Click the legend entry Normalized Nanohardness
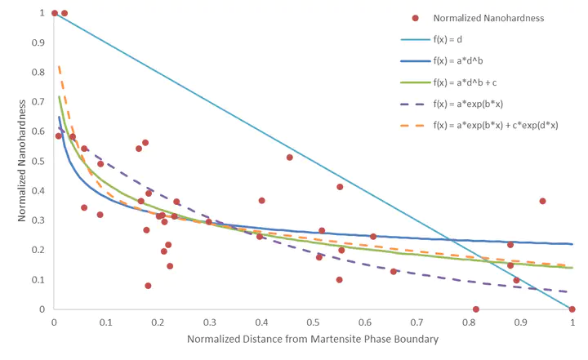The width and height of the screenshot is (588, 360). (x=488, y=18)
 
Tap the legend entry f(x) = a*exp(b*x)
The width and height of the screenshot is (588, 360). (x=470, y=104)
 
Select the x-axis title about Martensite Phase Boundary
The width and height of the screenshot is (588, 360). (x=313, y=339)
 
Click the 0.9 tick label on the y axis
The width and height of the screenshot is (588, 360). (x=38, y=43)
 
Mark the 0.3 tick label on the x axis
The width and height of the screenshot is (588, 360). (x=210, y=322)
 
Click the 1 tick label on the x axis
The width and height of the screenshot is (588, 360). (x=572, y=322)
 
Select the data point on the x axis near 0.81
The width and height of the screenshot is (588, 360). (x=475, y=309)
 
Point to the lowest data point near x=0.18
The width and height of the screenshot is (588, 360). (x=148, y=286)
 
